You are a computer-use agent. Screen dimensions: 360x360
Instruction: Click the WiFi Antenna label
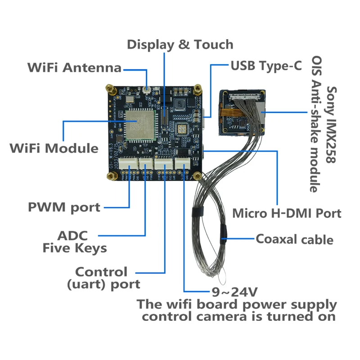[74, 68]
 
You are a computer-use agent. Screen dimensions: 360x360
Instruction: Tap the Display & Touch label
[180, 45]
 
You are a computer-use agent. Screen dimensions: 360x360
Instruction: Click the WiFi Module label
[54, 148]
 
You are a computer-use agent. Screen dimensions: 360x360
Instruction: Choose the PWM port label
[64, 207]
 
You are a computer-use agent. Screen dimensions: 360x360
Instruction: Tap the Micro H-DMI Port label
[287, 213]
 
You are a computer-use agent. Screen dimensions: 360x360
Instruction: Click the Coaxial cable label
[294, 239]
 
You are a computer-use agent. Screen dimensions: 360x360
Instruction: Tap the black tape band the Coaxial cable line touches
[224, 234]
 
